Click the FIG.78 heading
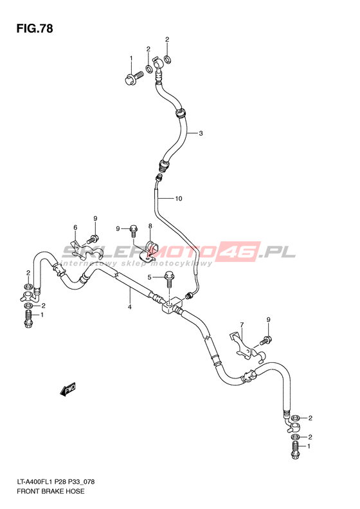(35, 29)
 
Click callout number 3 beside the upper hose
(201, 133)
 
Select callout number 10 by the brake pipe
(179, 198)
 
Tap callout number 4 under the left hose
(129, 307)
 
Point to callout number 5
(150, 277)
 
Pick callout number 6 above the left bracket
(75, 228)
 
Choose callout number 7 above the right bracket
(242, 324)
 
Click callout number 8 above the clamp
(150, 226)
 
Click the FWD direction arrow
(67, 389)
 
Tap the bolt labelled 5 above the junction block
(169, 279)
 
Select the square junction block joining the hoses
(172, 305)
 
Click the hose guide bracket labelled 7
(246, 347)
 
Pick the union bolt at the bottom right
(295, 450)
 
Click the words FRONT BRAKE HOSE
(51, 491)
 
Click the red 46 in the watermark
(240, 251)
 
